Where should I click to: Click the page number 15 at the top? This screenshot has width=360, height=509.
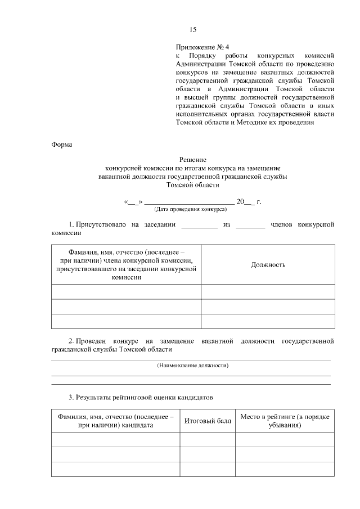tap(193, 30)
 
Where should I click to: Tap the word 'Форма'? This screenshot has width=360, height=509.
tap(62, 145)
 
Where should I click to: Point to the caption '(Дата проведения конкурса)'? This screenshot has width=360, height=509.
tap(191, 209)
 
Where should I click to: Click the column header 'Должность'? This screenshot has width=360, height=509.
tap(268, 264)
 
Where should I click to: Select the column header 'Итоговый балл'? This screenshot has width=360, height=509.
tap(208, 421)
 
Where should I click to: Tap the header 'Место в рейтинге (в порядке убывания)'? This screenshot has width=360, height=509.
tap(285, 421)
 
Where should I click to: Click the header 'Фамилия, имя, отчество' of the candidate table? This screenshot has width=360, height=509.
tap(115, 421)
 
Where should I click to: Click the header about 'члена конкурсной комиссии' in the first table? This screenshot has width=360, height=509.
tap(126, 264)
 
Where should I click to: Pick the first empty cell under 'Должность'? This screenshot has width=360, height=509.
tap(268, 291)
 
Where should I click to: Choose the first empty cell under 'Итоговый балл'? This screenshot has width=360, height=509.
tap(208, 440)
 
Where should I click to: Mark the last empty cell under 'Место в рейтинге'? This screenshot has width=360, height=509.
tap(285, 469)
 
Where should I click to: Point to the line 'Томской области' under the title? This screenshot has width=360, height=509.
tap(192, 184)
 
